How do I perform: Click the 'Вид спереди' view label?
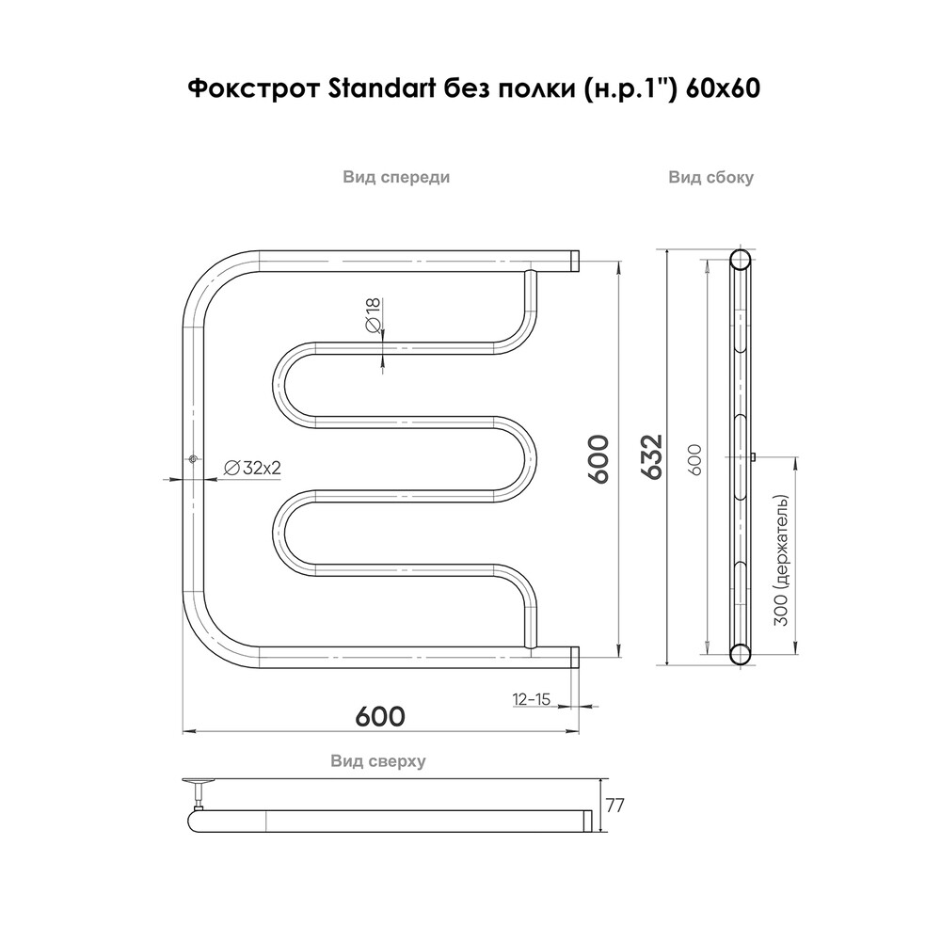(395, 177)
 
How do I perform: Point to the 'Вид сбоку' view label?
(711, 177)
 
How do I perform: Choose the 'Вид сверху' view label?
(378, 761)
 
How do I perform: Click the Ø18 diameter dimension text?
(373, 314)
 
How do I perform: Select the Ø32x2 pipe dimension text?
(254, 468)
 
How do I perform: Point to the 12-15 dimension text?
(532, 699)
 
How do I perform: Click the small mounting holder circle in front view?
(194, 459)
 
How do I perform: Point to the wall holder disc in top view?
(199, 780)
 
